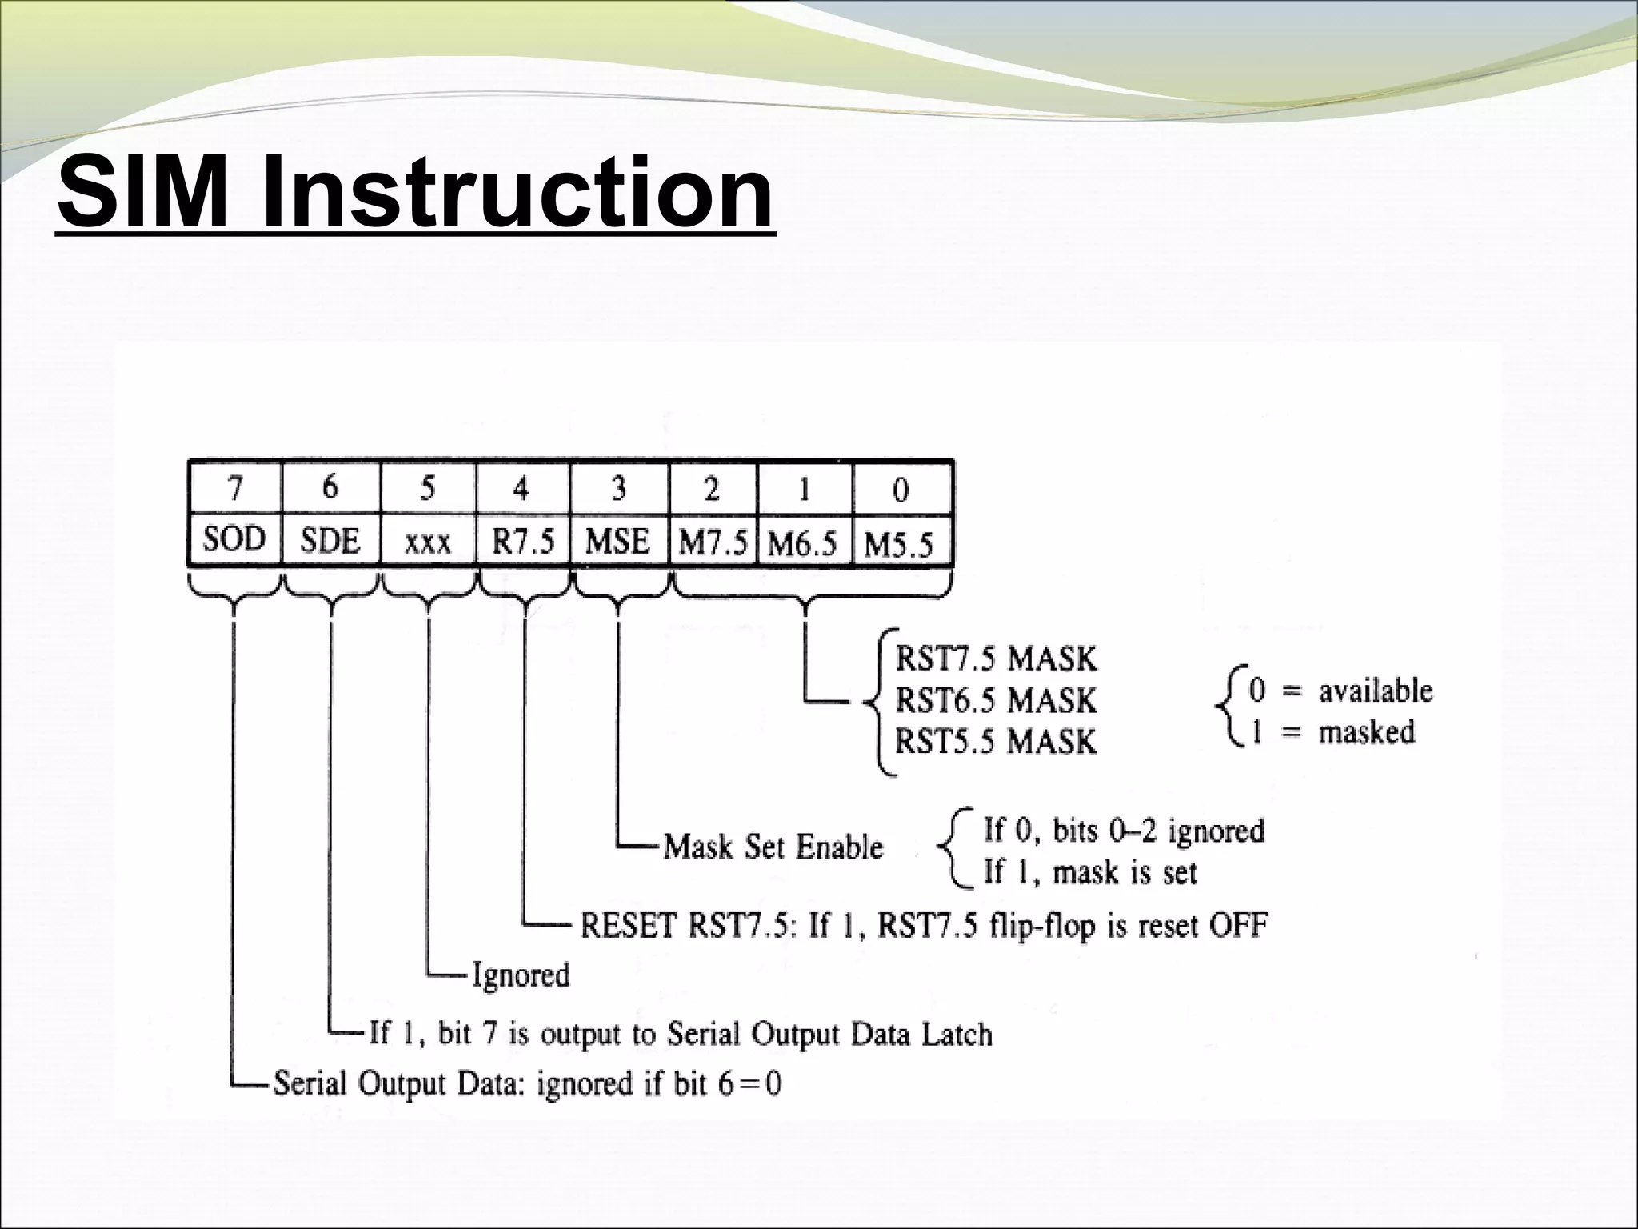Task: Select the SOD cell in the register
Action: (x=234, y=540)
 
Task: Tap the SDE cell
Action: (x=330, y=542)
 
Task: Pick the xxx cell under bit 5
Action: (x=427, y=543)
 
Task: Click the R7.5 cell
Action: (x=522, y=542)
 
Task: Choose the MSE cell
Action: (x=617, y=542)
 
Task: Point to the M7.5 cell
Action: (x=713, y=544)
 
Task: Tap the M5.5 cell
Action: (x=899, y=546)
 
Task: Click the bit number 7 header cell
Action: (x=234, y=487)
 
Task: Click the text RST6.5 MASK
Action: (x=996, y=700)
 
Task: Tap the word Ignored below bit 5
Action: (x=521, y=975)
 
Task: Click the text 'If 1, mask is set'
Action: (x=1089, y=872)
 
